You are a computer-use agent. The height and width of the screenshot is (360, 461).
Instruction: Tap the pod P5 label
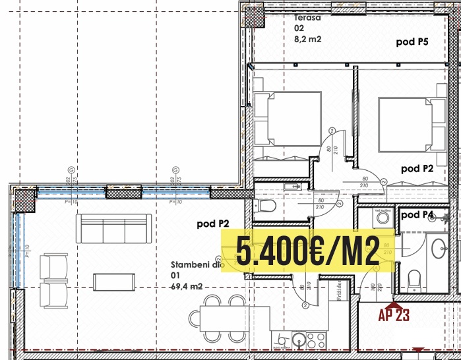click(x=412, y=42)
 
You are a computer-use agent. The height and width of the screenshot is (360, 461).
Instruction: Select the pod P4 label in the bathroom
click(x=417, y=215)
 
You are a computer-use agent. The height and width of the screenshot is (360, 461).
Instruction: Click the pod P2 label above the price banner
click(x=213, y=224)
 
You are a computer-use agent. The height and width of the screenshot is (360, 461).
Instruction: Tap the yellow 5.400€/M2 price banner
click(x=307, y=251)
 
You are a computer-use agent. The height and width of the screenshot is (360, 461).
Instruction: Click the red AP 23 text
click(x=394, y=315)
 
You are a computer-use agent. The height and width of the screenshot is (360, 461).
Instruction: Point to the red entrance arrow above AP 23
click(x=394, y=303)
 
